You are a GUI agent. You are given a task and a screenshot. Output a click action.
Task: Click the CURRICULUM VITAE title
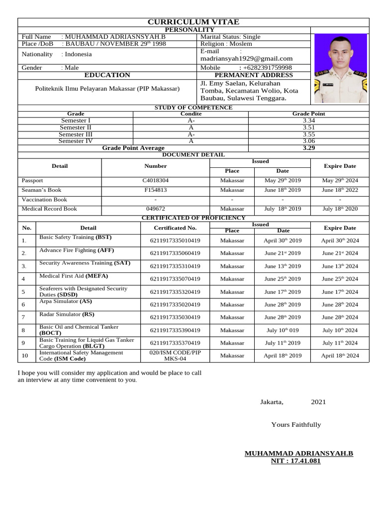click(193, 22)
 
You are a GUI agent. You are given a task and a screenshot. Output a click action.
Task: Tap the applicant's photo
click(340, 68)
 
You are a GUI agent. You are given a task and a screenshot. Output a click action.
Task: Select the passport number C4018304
click(156, 180)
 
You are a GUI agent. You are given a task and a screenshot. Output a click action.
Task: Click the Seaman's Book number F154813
click(156, 190)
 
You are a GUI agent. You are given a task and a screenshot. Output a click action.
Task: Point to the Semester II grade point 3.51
click(308, 127)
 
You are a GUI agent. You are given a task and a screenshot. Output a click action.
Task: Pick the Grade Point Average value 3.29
click(308, 148)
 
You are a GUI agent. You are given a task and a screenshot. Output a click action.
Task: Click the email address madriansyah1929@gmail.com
click(246, 58)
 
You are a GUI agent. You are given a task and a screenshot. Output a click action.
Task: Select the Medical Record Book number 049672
click(156, 209)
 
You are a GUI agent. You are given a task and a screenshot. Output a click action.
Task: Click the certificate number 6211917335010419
click(175, 240)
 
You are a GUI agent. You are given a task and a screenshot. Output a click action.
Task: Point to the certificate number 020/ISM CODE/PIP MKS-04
click(175, 356)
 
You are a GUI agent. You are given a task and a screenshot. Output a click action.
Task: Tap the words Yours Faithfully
click(296, 425)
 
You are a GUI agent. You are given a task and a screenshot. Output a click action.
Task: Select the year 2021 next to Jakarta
click(318, 402)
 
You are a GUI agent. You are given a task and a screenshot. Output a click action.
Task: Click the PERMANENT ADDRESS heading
click(254, 75)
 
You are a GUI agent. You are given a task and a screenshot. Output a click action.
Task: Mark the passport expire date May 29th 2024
click(340, 180)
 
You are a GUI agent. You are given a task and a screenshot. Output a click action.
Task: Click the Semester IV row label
click(76, 141)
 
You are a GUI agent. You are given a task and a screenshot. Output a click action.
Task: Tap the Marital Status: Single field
click(230, 37)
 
